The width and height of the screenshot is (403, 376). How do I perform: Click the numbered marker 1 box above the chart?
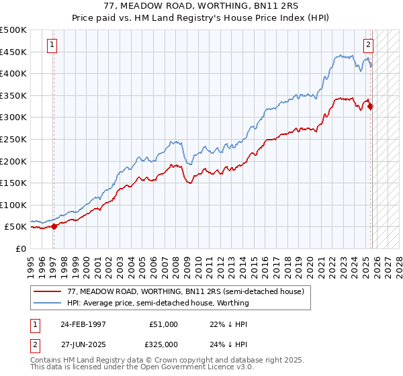click(x=52, y=46)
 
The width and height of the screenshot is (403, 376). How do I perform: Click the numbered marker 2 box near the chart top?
click(x=369, y=46)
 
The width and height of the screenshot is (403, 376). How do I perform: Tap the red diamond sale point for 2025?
click(x=370, y=106)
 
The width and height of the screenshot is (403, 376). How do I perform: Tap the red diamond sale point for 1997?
click(x=54, y=226)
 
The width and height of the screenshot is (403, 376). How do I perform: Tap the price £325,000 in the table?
click(x=164, y=345)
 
